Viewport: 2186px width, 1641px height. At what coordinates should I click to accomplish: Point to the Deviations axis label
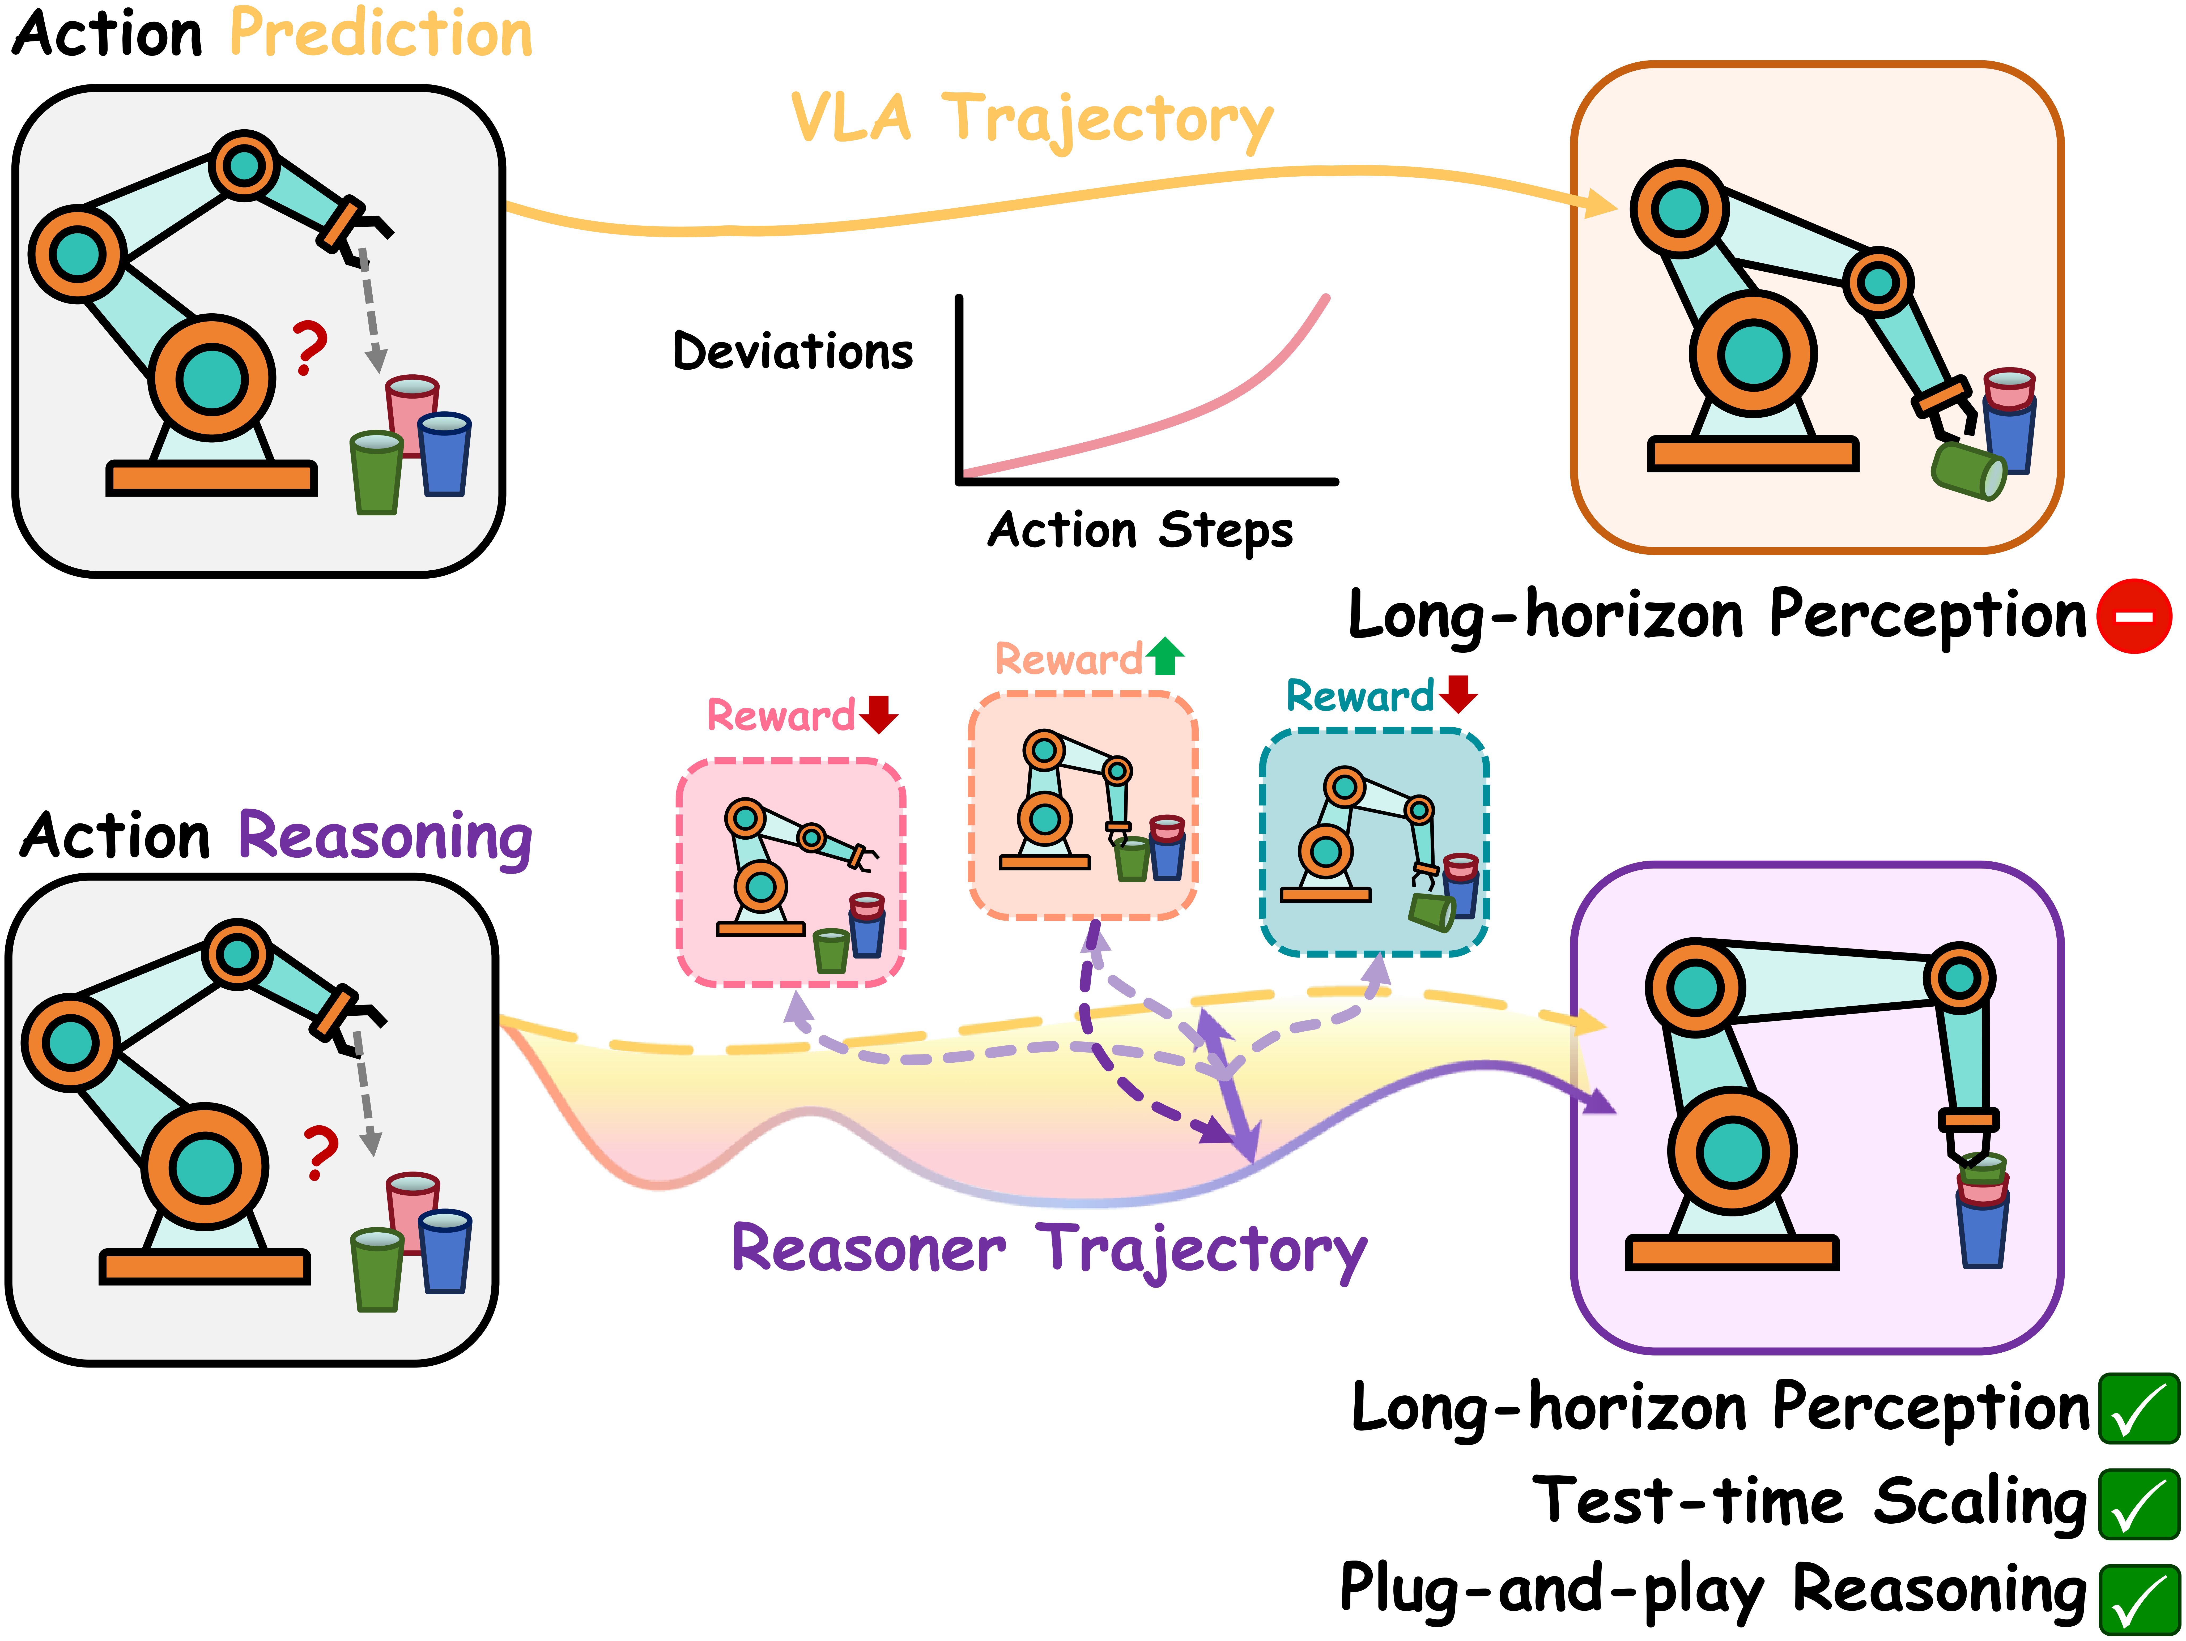click(793, 352)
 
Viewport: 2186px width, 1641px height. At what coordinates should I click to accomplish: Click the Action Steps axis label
click(1139, 531)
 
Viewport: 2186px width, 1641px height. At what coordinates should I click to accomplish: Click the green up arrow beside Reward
click(1165, 656)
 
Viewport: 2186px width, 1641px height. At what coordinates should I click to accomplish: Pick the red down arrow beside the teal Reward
click(1458, 694)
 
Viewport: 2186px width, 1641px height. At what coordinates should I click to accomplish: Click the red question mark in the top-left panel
click(310, 348)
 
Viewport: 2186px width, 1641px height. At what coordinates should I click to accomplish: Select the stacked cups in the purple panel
click(1981, 1210)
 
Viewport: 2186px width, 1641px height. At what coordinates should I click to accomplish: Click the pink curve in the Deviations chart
click(1186, 415)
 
